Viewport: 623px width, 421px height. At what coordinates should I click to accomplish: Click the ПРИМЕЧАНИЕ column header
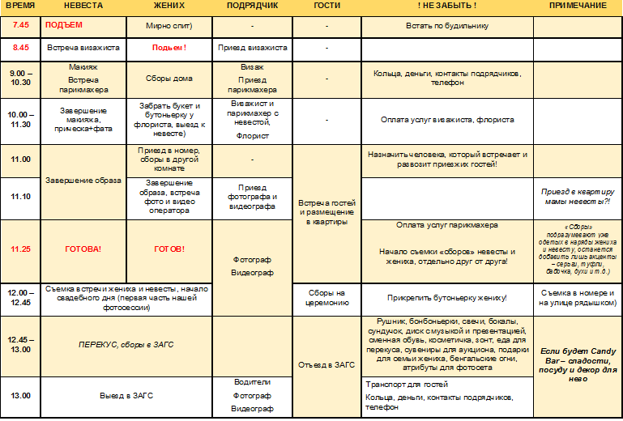coord(578,6)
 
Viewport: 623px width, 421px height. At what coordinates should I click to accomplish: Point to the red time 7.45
coord(20,25)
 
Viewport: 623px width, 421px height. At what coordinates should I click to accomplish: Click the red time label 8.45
coord(20,48)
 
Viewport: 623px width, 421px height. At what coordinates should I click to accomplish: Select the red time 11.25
coord(20,249)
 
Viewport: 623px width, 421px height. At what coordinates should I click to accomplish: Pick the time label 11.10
coord(20,197)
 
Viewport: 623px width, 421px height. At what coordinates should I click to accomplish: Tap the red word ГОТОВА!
coord(83,249)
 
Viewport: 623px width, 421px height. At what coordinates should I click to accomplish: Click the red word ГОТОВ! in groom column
coord(169,249)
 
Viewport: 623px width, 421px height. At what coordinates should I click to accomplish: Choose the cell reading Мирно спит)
coord(169,26)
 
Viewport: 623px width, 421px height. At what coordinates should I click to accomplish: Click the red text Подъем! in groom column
coord(169,48)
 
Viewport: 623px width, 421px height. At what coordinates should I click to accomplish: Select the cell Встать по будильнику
coord(447,26)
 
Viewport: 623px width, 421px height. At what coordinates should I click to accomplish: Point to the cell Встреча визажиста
coord(83,48)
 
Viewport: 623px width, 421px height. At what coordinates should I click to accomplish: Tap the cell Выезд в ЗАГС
coord(126,395)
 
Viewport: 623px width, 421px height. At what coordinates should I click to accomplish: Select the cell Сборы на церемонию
coord(326,297)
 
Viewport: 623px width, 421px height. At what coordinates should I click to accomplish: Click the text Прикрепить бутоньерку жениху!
coord(447,297)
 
